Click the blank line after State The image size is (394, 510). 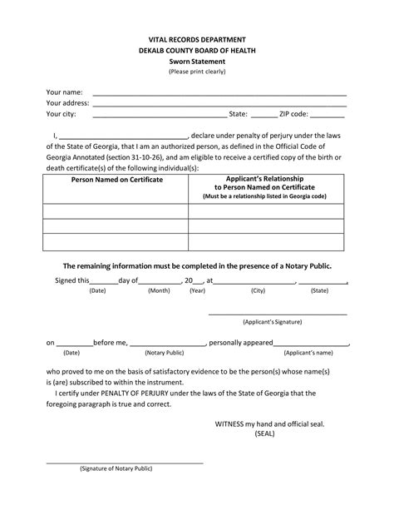[x=263, y=115]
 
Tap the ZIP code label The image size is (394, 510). [x=293, y=114]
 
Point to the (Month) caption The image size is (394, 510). [x=159, y=291]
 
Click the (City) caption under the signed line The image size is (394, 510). [x=258, y=291]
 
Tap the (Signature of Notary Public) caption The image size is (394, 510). [x=116, y=468]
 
